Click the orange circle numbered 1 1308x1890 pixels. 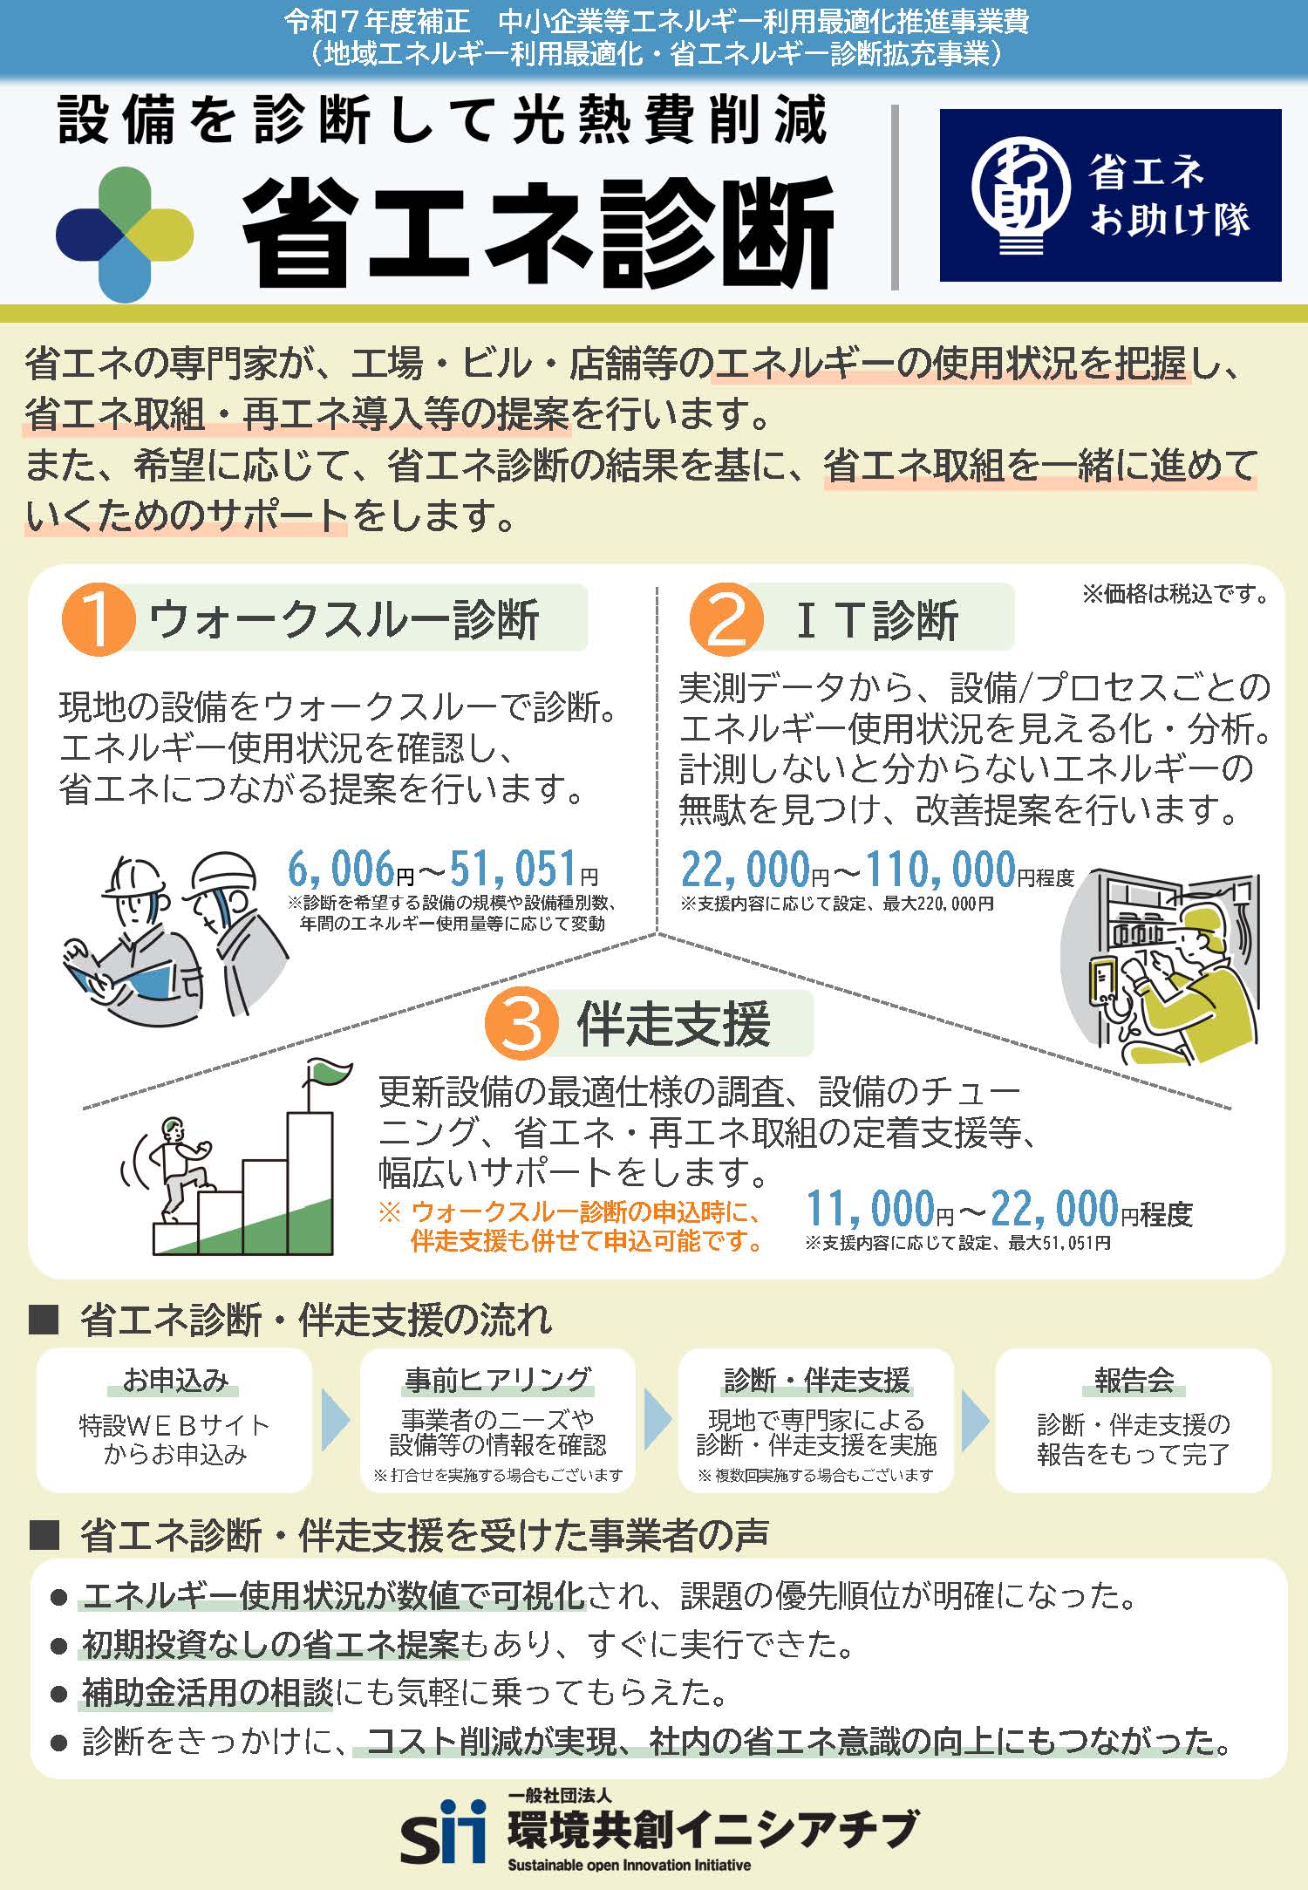(x=98, y=620)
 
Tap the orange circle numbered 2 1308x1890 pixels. (x=726, y=620)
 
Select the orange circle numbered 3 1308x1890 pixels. (x=521, y=1024)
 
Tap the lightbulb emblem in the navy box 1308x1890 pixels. (x=1019, y=195)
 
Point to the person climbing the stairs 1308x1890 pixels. (x=179, y=1169)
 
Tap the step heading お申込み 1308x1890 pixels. (x=175, y=1380)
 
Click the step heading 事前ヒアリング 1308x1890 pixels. (x=498, y=1380)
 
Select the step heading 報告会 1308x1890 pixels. (x=1134, y=1380)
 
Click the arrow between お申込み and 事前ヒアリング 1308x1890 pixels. (x=335, y=1420)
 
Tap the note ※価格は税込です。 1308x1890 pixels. (x=1175, y=595)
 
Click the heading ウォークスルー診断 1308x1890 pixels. (x=344, y=620)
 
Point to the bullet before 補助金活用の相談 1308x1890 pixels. (x=59, y=1694)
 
